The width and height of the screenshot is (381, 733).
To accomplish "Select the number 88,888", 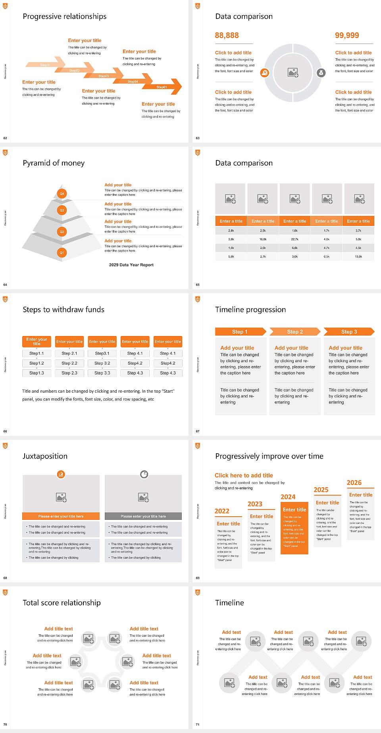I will pyautogui.click(x=227, y=36).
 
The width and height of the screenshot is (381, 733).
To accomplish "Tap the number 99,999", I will pyautogui.click(x=346, y=36).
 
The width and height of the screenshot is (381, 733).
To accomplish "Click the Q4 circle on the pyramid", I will pyautogui.click(x=62, y=194).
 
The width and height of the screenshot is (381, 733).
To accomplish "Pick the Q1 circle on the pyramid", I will pyautogui.click(x=62, y=252).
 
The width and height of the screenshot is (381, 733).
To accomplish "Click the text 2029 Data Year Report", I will pyautogui.click(x=131, y=265).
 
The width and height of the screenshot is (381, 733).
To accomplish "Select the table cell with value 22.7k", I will pyautogui.click(x=294, y=239).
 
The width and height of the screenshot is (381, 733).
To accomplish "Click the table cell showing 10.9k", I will pyautogui.click(x=358, y=257).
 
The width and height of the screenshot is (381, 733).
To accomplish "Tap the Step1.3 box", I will pyautogui.click(x=37, y=373).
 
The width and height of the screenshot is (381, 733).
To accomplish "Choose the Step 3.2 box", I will pyautogui.click(x=102, y=363).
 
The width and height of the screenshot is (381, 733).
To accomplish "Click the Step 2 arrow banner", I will pyautogui.click(x=295, y=332).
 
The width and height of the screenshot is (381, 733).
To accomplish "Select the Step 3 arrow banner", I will pyautogui.click(x=349, y=332).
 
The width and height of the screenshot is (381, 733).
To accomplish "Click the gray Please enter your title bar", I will pyautogui.click(x=143, y=516).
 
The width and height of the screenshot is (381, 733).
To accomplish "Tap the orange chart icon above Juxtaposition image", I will pyautogui.click(x=61, y=474).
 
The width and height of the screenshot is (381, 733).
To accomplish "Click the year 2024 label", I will pyautogui.click(x=288, y=497).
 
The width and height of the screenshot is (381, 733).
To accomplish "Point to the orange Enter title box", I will pyautogui.click(x=294, y=510).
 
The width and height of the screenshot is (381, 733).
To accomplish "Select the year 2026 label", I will pyautogui.click(x=354, y=483).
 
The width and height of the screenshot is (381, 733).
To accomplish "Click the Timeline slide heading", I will pyautogui.click(x=229, y=603).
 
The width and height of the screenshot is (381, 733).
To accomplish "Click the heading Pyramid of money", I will pyautogui.click(x=54, y=163).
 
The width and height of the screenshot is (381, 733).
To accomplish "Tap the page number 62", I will pyautogui.click(x=5, y=138).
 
